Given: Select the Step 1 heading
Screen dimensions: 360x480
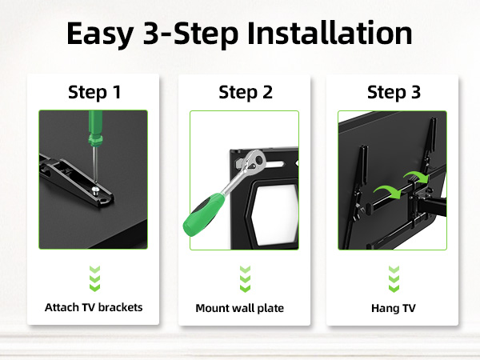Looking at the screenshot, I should (x=94, y=92).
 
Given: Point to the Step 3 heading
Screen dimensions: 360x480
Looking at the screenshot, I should (x=394, y=92).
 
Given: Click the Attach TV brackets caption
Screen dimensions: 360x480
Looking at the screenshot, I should (x=94, y=307).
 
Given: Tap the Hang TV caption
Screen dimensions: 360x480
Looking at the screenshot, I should (x=394, y=307).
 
